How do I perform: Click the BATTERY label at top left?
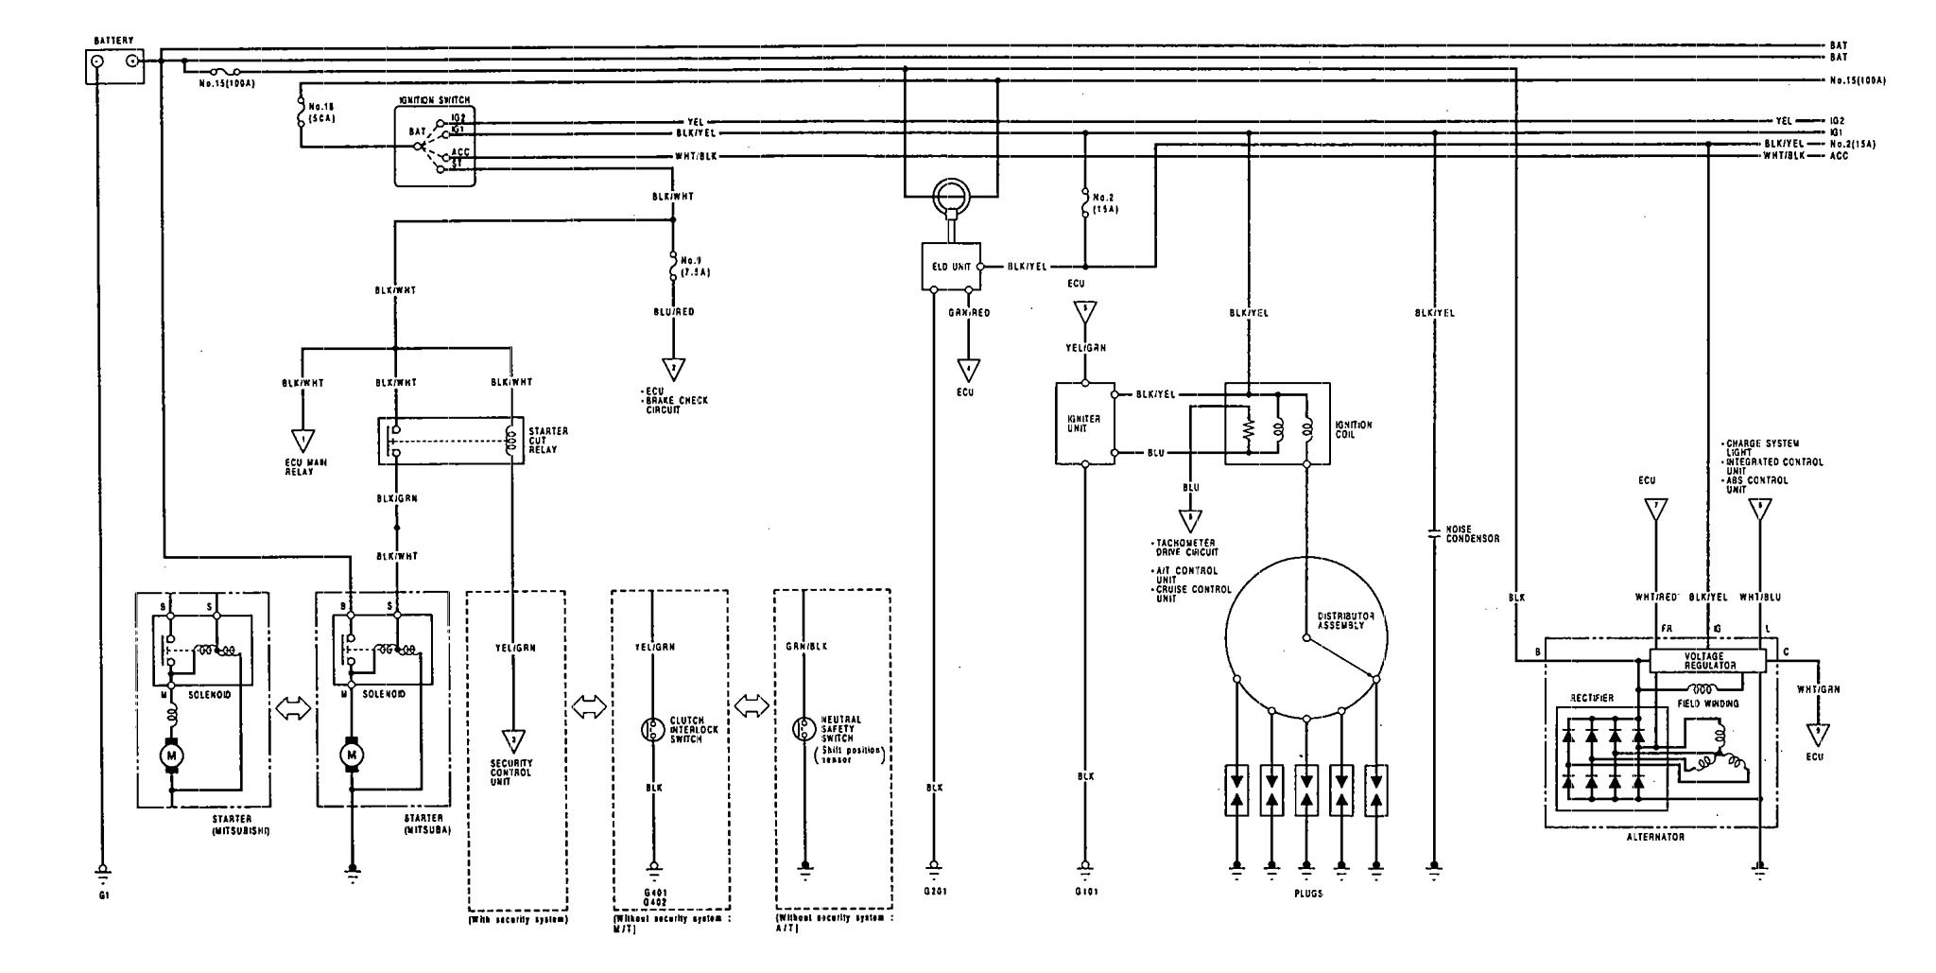click(x=114, y=41)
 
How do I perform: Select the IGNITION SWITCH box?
click(x=435, y=146)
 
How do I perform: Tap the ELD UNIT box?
click(x=951, y=267)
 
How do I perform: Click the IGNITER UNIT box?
click(x=1084, y=423)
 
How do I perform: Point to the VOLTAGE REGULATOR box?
click(x=1706, y=660)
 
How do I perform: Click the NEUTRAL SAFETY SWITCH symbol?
click(x=804, y=729)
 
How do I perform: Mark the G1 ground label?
click(x=100, y=892)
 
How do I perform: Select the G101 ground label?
click(x=1086, y=891)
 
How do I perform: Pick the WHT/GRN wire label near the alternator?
click(x=1818, y=689)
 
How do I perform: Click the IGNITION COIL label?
click(x=1354, y=430)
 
